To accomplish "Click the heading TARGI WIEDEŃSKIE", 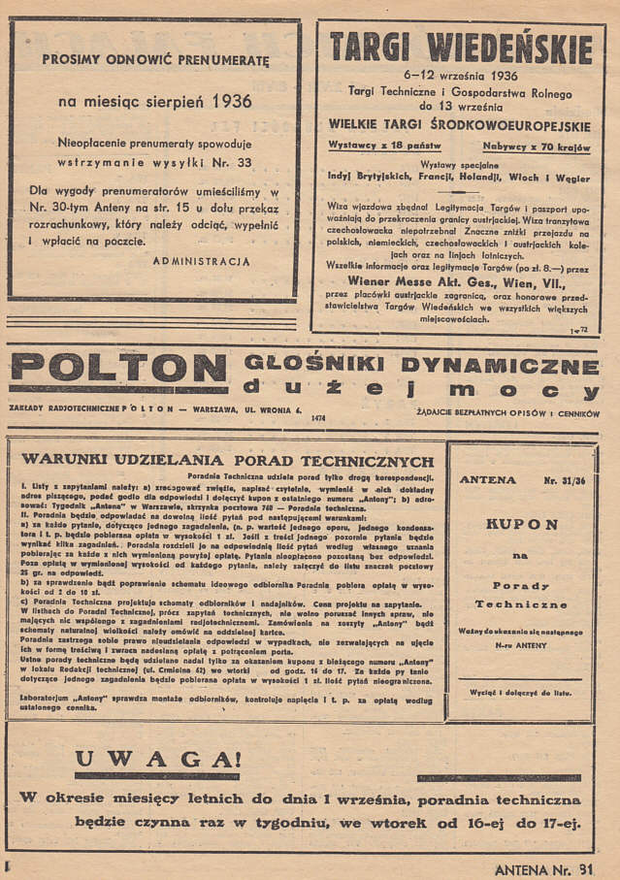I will (461, 47).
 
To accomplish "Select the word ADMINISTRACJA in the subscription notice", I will (202, 262).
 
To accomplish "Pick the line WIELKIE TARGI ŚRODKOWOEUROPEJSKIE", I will (459, 124).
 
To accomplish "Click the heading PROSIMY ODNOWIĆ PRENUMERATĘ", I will (155, 59).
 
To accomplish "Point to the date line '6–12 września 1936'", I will (461, 74).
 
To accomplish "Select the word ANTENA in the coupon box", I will (488, 479).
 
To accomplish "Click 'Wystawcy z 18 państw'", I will (385, 146).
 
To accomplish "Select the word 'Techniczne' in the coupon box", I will (521, 603).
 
